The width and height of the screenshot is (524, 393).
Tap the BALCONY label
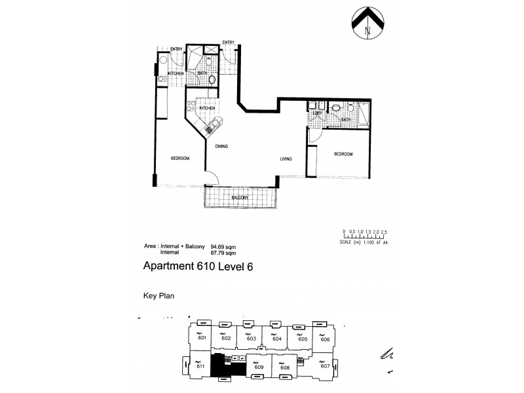pyautogui.click(x=240, y=196)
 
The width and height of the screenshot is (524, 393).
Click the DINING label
pyautogui.click(x=221, y=147)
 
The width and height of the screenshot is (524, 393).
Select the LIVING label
pyautogui.click(x=286, y=159)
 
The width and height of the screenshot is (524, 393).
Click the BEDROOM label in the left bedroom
pyautogui.click(x=181, y=159)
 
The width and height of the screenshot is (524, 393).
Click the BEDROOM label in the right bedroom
pyautogui.click(x=343, y=154)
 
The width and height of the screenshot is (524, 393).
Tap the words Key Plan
pyautogui.click(x=157, y=295)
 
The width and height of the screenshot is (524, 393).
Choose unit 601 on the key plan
pyautogui.click(x=202, y=337)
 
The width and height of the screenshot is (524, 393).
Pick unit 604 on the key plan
pyautogui.click(x=276, y=338)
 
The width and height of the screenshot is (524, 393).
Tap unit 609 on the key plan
pyautogui.click(x=259, y=366)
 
